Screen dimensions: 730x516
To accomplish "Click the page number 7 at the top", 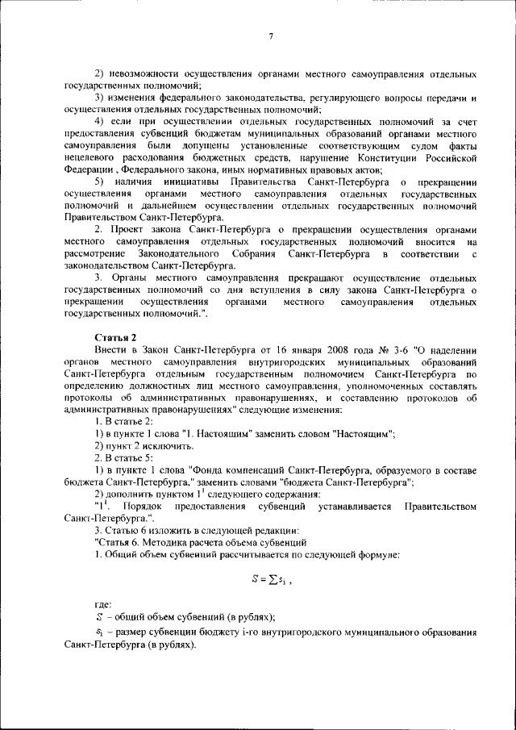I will [271, 36].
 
